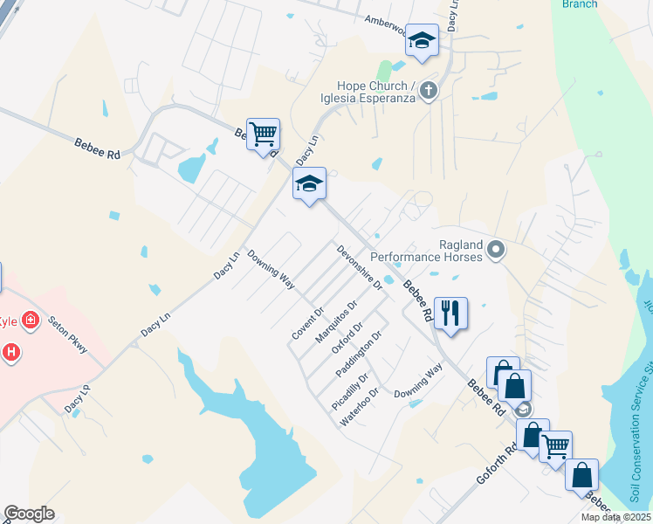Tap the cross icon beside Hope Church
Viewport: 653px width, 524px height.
pos(428,89)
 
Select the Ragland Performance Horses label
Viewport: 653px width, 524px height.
pos(426,252)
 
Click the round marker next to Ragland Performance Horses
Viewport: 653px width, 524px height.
pos(496,252)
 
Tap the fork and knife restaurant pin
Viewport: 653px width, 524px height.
pos(450,313)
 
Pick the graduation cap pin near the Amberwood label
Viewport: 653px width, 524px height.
pos(422,40)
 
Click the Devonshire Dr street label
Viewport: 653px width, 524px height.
pos(360,267)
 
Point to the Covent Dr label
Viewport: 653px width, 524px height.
pos(308,323)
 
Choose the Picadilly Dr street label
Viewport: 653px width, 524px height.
pos(350,391)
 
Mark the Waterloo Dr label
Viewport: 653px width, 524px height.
pos(360,407)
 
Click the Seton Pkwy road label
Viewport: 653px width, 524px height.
pos(68,334)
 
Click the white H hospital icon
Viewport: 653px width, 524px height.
pos(11,353)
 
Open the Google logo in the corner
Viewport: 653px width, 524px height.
pos(29,514)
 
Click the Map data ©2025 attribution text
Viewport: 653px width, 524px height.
pos(616,517)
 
